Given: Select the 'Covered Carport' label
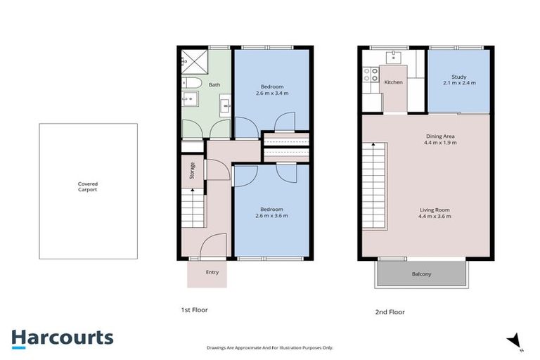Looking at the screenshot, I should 87,187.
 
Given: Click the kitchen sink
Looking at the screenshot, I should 393,58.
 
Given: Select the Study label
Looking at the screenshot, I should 459,77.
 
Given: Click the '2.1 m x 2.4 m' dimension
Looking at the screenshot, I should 459,84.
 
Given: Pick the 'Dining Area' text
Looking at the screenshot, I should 440,136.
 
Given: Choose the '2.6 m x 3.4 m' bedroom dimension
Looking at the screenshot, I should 271,93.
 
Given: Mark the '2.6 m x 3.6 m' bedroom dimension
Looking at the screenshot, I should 271,216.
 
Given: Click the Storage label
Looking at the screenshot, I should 192,171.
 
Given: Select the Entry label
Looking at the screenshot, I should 212,272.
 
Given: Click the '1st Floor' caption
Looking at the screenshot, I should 194,309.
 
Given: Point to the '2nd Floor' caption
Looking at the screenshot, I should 390,311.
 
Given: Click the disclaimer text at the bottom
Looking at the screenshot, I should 270,347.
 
